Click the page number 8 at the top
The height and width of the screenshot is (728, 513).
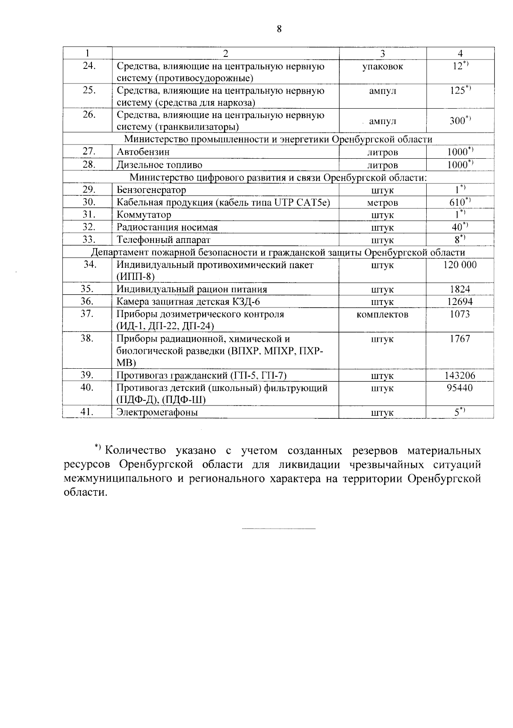pyautogui.click(x=279, y=29)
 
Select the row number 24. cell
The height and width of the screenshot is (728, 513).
pyautogui.click(x=88, y=66)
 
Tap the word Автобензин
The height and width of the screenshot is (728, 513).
pyautogui.click(x=143, y=152)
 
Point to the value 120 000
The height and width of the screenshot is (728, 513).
pyautogui.click(x=460, y=265)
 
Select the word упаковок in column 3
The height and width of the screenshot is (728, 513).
pyautogui.click(x=382, y=67)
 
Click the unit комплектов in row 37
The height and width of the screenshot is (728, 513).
pyautogui.click(x=382, y=314)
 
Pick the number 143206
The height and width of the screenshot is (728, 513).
pyautogui.click(x=460, y=376)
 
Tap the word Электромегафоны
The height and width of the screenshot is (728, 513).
pyautogui.click(x=157, y=412)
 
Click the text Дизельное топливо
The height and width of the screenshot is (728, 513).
pyautogui.click(x=159, y=165)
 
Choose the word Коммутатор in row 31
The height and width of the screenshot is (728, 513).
pyautogui.click(x=144, y=215)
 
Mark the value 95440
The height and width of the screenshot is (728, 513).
pyautogui.click(x=460, y=388)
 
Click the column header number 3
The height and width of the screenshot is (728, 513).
pyautogui.click(x=383, y=53)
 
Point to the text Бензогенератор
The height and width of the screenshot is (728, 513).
pyautogui.click(x=151, y=190)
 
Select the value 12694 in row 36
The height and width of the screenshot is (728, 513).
pyautogui.click(x=460, y=302)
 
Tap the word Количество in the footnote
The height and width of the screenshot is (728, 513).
pyautogui.click(x=135, y=451)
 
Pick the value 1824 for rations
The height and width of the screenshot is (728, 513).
pyautogui.click(x=460, y=289)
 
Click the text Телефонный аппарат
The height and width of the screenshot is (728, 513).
pyautogui.click(x=163, y=240)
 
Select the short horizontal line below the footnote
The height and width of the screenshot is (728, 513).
pyautogui.click(x=279, y=529)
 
